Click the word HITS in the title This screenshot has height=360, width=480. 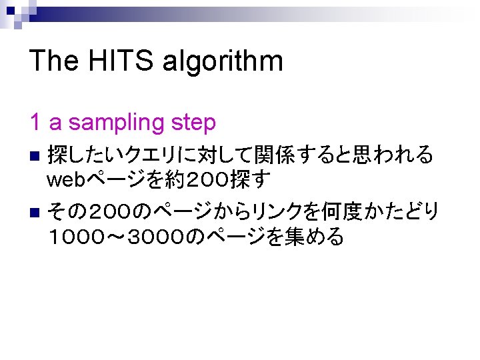click(113, 61)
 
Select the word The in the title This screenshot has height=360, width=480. click(53, 61)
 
